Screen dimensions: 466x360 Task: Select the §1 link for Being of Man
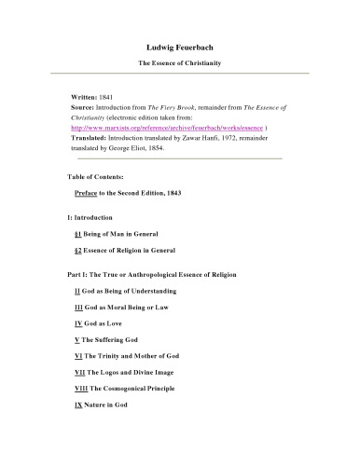tap(78, 234)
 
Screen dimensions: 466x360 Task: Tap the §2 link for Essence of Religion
tap(78, 251)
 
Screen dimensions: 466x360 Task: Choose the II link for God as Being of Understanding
tap(77, 293)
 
